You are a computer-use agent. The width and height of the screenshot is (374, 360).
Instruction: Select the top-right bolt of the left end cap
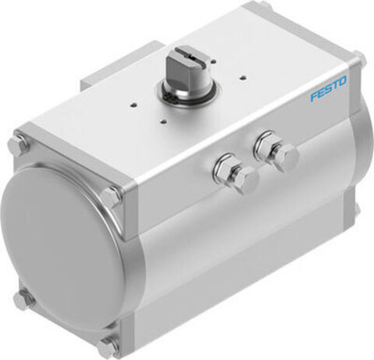click(110, 198)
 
